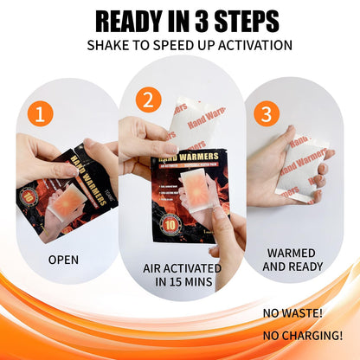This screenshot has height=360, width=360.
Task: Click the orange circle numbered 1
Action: pos(41,114)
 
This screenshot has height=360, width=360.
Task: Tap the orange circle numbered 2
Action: pos(148,100)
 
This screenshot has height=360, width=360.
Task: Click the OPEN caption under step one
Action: pos(62,259)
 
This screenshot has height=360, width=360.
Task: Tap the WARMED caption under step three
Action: pos(291,253)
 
